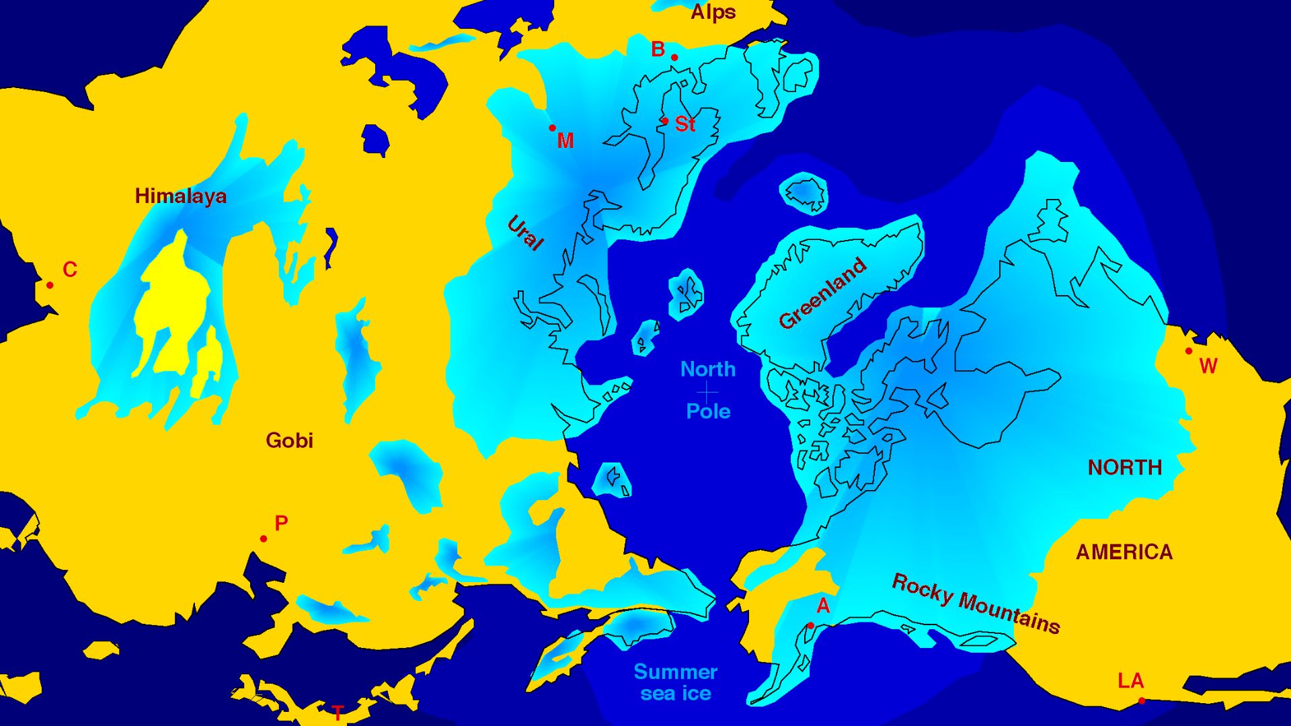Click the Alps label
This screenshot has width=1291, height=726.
713,12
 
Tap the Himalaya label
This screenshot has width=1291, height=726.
180,196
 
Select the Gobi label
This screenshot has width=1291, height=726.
289,440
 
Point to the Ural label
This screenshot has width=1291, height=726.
525,233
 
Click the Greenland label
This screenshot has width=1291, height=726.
822,293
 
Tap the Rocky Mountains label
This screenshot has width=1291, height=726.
976,604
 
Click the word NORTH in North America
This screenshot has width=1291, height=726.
1124,467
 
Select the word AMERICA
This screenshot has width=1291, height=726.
1124,552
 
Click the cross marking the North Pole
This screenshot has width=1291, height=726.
707,391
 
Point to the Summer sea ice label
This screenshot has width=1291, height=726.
676,682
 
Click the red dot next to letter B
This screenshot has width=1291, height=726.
674,58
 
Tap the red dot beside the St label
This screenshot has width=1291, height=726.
665,121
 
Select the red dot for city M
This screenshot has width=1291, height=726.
552,128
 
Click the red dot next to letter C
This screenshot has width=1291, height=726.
50,285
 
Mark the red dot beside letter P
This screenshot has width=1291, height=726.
264,538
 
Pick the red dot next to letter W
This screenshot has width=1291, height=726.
1189,351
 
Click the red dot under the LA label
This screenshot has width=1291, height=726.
1142,701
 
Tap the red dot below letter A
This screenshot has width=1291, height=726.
810,626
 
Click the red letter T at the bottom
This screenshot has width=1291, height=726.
338,712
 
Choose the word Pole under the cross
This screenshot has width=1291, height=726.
708,411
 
